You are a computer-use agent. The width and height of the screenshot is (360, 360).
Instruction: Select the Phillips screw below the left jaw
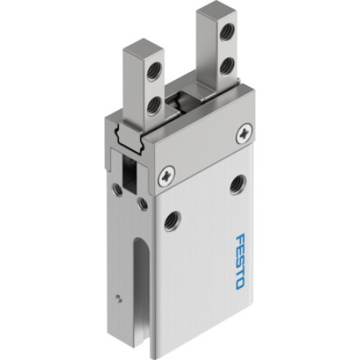coord(168,173)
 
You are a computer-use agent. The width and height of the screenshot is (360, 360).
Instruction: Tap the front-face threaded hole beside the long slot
coord(174,218)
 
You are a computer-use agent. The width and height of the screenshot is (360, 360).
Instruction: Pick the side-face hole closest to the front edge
coord(143,206)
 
